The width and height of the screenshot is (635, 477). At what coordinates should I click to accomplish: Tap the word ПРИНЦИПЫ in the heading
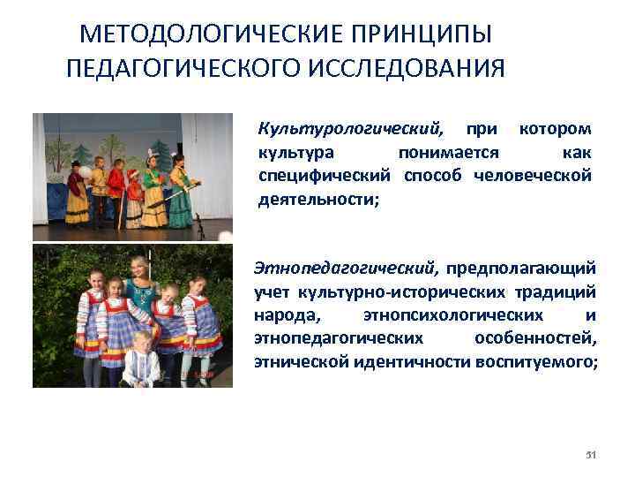coord(411,34)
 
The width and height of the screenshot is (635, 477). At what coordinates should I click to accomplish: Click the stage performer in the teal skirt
coord(181,194)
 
